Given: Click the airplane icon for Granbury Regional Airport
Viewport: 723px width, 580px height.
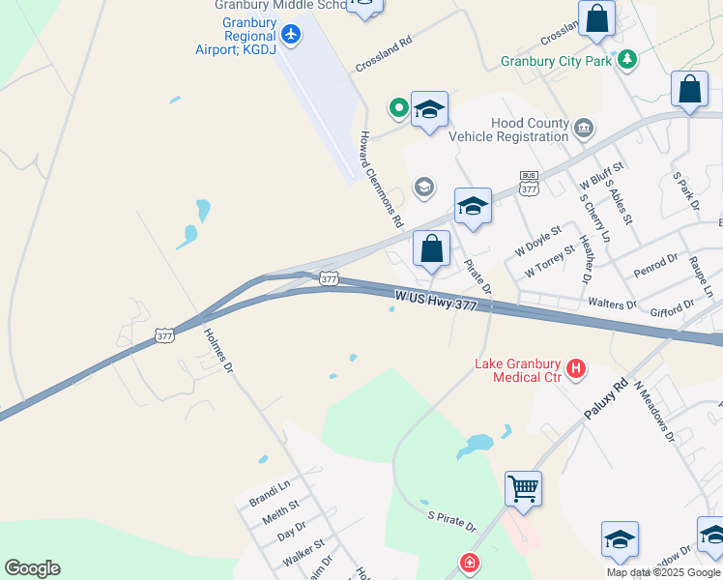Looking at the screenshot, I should pos(290,35).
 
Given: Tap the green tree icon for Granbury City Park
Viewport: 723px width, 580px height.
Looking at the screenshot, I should pos(628,60).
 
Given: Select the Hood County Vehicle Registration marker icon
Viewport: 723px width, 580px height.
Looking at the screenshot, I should pos(584,128).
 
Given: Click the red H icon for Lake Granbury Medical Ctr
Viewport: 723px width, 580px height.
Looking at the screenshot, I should pos(576,367).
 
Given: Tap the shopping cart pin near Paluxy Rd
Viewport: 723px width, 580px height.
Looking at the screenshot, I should pos(523,488).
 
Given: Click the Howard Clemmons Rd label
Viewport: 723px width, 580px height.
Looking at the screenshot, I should pos(382,179).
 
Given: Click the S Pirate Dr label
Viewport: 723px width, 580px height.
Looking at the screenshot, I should pos(452,521).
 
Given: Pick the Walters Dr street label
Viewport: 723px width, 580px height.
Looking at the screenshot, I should pos(613,304).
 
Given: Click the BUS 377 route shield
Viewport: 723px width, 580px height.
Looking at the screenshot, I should pos(529,183).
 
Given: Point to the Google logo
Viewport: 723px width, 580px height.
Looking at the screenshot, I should pos(32,568).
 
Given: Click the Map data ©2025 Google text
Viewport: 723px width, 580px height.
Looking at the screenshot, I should pos(663,572).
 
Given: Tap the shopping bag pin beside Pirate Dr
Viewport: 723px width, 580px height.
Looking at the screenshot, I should pos(431,248).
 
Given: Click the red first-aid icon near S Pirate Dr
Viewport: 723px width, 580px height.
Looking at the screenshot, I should pos(470,563).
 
